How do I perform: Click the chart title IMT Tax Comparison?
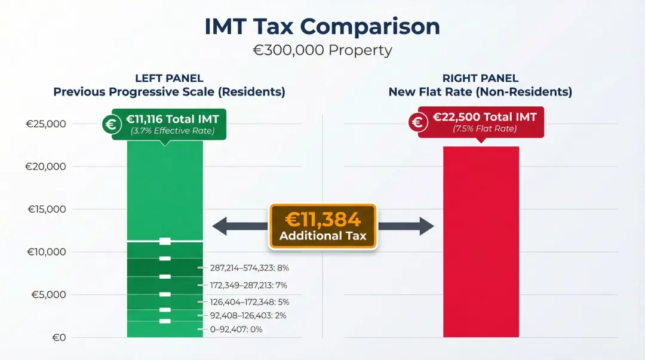pyautogui.click(x=322, y=27)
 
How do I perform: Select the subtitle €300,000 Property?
pyautogui.click(x=322, y=50)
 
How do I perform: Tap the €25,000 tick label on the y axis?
pyautogui.click(x=45, y=124)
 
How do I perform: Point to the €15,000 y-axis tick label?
pyautogui.click(x=45, y=209)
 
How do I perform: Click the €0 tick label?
pyautogui.click(x=59, y=337)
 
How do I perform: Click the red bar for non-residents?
pyautogui.click(x=481, y=242)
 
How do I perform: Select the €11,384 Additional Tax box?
pyautogui.click(x=322, y=226)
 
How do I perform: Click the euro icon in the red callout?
pyautogui.click(x=418, y=122)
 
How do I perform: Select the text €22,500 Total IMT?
pyautogui.click(x=484, y=117)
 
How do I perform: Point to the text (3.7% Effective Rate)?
pyautogui.click(x=172, y=131)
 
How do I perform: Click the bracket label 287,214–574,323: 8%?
pyautogui.click(x=249, y=269)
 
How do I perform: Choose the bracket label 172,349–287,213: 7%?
pyautogui.click(x=249, y=285)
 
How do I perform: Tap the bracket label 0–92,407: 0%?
pyautogui.click(x=236, y=329)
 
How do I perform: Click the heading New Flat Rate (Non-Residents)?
pyautogui.click(x=480, y=92)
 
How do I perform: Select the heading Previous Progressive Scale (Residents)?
pyautogui.click(x=169, y=92)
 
